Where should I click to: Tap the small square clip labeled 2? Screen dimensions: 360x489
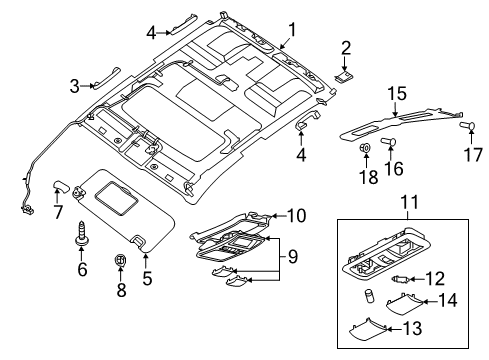(345, 71)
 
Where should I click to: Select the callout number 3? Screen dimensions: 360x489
(74, 86)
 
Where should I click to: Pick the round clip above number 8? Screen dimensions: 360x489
(121, 263)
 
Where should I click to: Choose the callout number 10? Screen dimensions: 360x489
(295, 215)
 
